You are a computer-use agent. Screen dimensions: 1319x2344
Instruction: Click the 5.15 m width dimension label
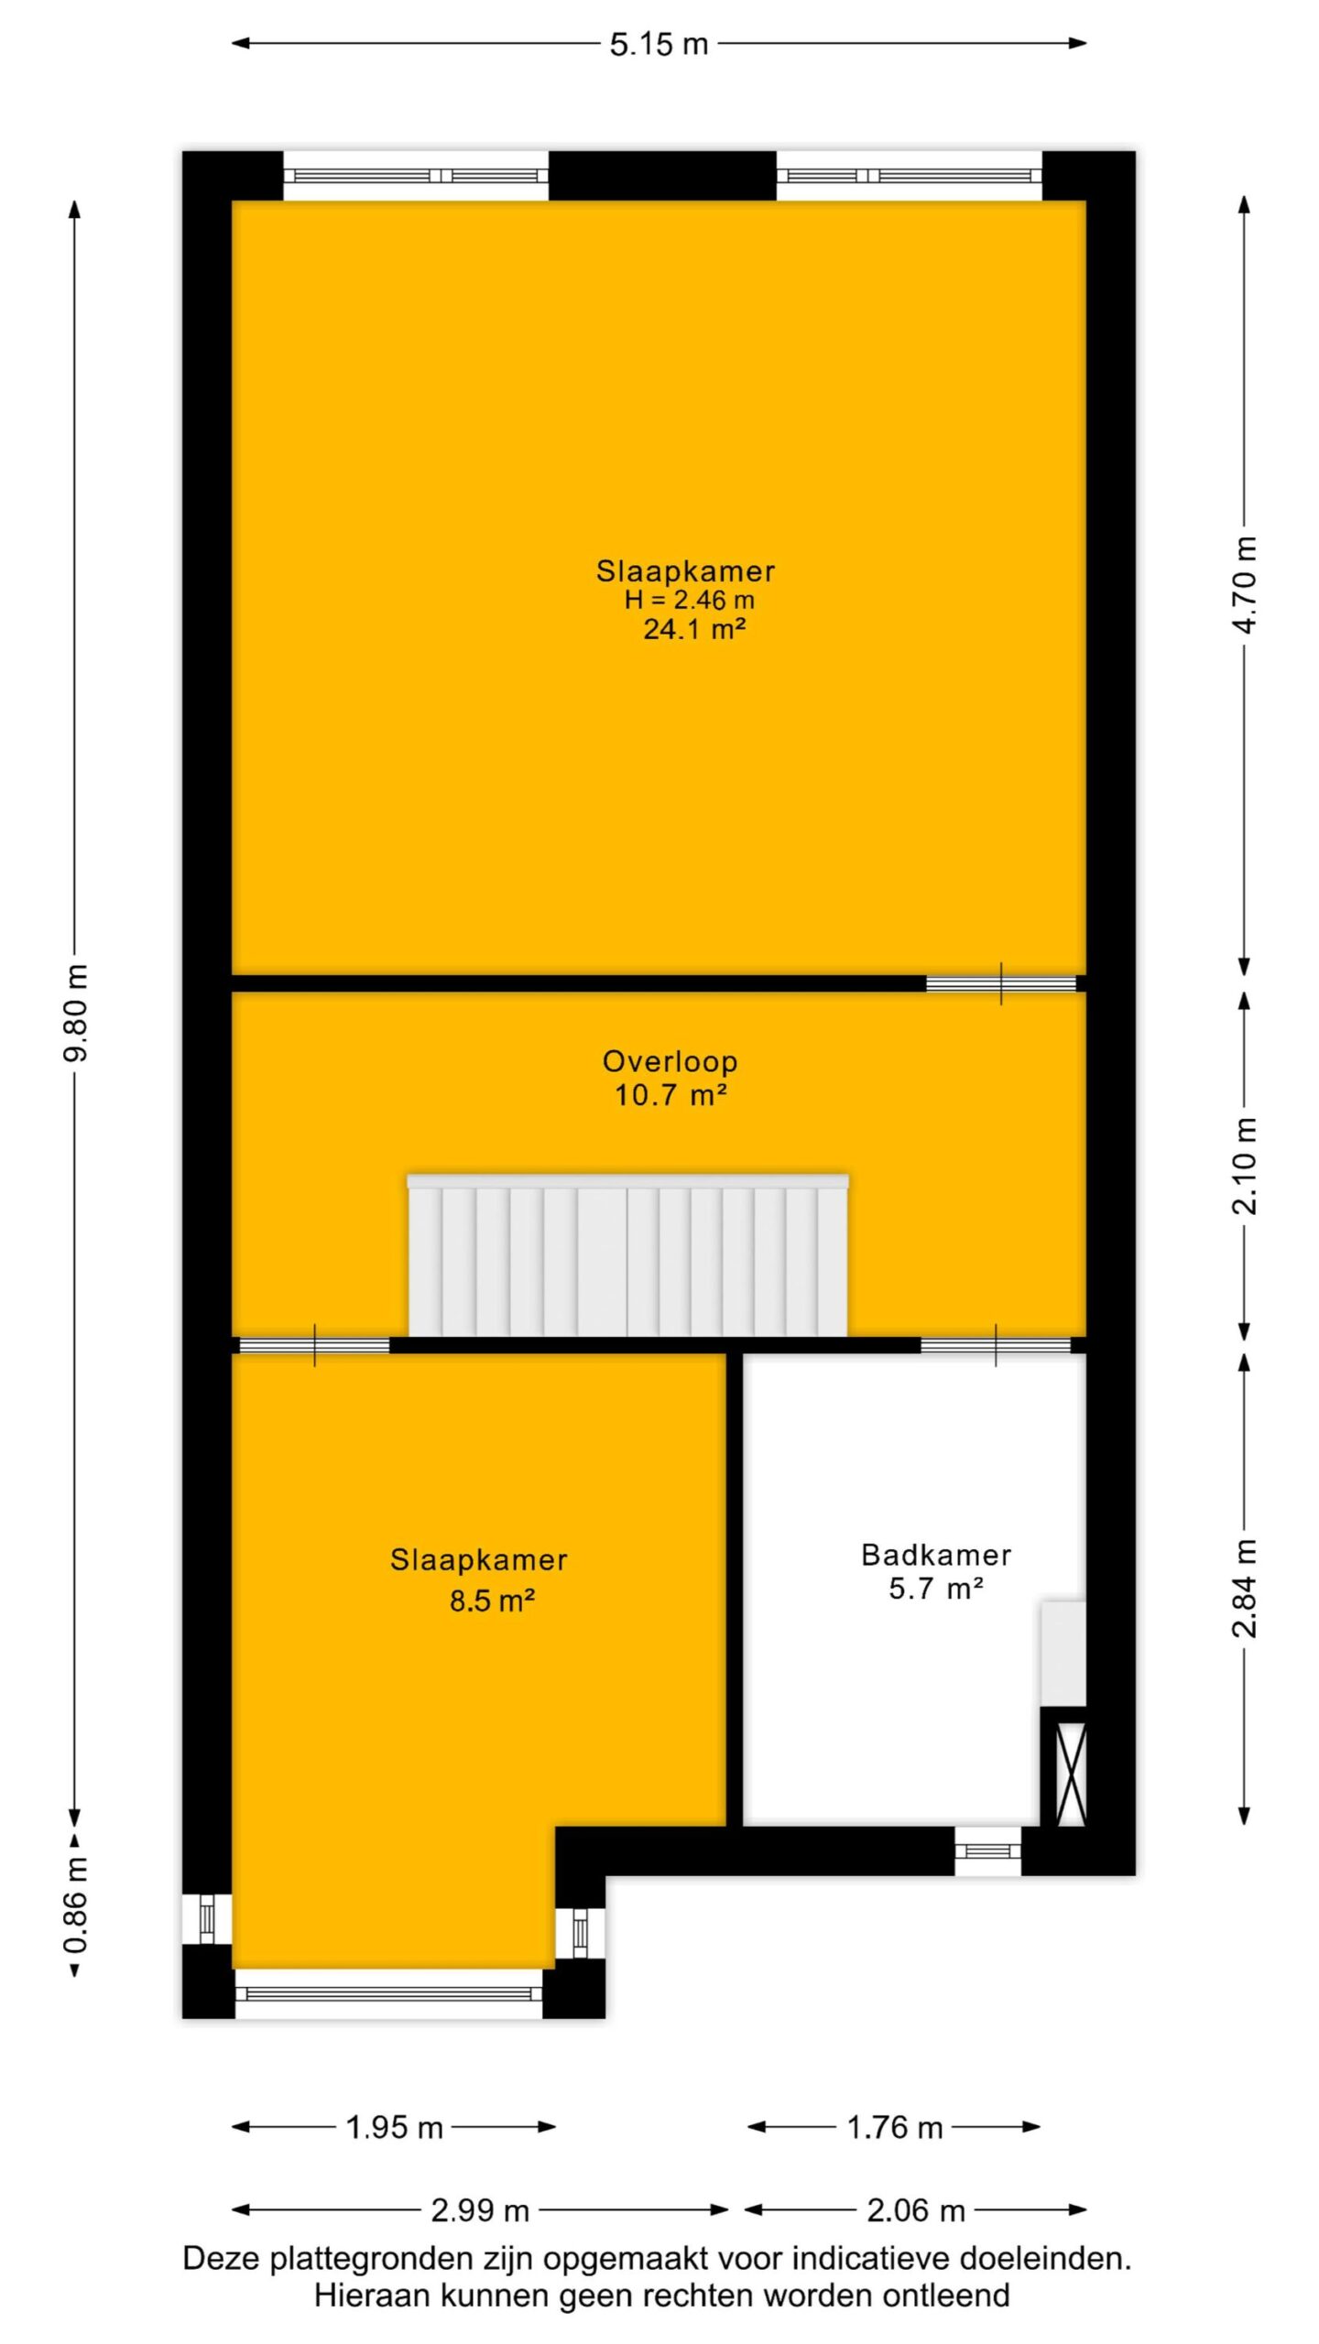point(659,44)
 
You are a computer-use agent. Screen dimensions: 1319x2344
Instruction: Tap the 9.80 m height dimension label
point(76,1013)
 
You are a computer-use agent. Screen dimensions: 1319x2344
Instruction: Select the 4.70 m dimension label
point(1245,584)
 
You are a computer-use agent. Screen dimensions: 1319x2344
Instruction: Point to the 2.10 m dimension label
point(1245,1166)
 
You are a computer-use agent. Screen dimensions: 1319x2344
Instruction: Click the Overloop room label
point(670,1061)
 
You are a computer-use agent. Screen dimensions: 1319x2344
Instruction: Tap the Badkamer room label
point(936,1554)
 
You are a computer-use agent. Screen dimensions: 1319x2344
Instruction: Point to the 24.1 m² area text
point(693,629)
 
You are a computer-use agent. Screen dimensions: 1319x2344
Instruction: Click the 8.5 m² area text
point(492,1601)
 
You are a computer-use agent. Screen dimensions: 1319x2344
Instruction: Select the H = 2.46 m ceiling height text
point(689,600)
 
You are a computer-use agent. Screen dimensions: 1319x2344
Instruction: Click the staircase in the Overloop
point(627,1254)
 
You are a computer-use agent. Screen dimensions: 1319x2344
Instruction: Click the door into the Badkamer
point(996,1345)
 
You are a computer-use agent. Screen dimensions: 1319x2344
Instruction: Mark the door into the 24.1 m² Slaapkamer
point(1000,983)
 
